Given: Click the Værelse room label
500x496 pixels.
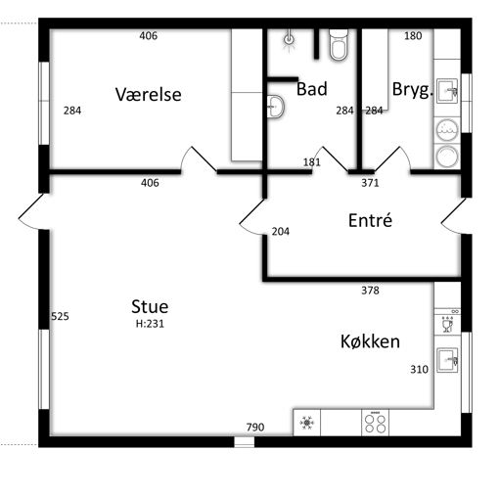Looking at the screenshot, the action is pyautogui.click(x=149, y=95).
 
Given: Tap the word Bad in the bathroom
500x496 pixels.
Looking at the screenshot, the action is pyautogui.click(x=312, y=89).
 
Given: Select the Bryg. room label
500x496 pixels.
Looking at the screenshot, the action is pyautogui.click(x=412, y=90).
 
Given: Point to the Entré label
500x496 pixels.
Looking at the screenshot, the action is pyautogui.click(x=370, y=220).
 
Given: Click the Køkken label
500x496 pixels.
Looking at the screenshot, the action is pyautogui.click(x=370, y=341).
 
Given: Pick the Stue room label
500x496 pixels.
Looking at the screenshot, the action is pyautogui.click(x=150, y=306).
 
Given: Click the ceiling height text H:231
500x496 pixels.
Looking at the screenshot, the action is pyautogui.click(x=150, y=324).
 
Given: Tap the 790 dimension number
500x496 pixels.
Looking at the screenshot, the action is pyautogui.click(x=255, y=427).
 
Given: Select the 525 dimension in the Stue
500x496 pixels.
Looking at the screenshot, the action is pyautogui.click(x=60, y=316).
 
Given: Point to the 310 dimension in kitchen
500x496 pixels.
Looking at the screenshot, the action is pyautogui.click(x=419, y=369).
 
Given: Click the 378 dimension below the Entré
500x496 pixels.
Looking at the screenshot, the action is pyautogui.click(x=370, y=290).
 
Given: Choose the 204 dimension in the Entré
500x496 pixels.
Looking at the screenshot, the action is pyautogui.click(x=281, y=232).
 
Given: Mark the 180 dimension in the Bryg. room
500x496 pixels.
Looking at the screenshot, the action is pyautogui.click(x=413, y=35).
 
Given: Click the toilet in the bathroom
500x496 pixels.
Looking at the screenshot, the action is pyautogui.click(x=339, y=45).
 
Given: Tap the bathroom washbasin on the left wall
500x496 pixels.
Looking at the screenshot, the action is pyautogui.click(x=276, y=107).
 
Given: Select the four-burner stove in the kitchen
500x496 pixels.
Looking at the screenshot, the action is pyautogui.click(x=375, y=423).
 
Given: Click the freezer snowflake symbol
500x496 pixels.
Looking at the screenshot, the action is pyautogui.click(x=306, y=423).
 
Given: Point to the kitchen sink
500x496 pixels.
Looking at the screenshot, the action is pyautogui.click(x=447, y=360).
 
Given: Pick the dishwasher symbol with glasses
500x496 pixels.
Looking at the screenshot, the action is pyautogui.click(x=447, y=324).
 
